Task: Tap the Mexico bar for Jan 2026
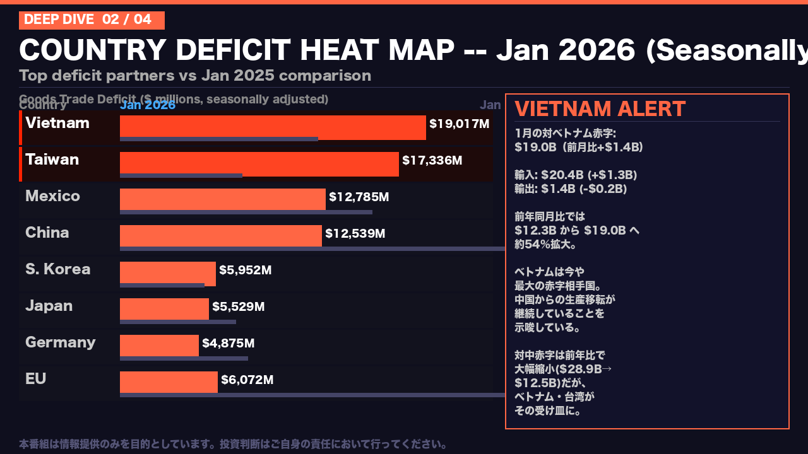[222, 199]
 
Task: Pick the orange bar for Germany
[159, 345]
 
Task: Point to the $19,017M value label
[459, 124]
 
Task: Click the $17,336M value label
[432, 160]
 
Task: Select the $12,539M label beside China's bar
[355, 233]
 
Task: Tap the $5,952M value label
[245, 270]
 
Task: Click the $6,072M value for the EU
[247, 380]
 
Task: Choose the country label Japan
[49, 306]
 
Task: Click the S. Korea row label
[57, 269]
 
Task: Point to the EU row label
[35, 379]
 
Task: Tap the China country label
[47, 233]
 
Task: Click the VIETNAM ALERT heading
[600, 109]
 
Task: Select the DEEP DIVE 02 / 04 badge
[92, 20]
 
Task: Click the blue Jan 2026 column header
[148, 105]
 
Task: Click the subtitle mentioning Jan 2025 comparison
[194, 76]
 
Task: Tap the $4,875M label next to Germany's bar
[228, 343]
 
